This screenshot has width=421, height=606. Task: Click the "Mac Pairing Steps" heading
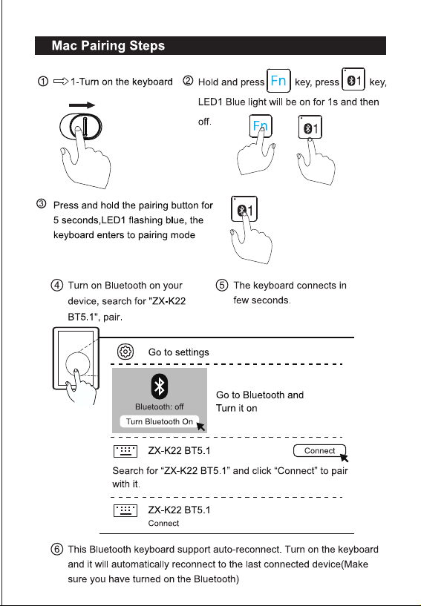coord(108,45)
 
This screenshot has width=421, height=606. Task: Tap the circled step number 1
coord(43,82)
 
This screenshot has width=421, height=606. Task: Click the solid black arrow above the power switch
coord(82,105)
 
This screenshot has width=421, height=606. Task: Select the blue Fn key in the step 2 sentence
coord(278,81)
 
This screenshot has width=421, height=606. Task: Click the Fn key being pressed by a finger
coord(261,125)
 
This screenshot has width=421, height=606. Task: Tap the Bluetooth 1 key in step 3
coord(244,209)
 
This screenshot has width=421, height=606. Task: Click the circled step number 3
coord(42,204)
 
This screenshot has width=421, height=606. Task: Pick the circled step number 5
coord(222,286)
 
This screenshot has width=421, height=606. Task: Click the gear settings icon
coord(125,352)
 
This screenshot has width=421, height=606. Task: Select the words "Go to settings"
coord(178,352)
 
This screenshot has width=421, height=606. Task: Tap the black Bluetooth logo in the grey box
coord(160,386)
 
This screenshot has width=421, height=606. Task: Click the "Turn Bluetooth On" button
coord(160,421)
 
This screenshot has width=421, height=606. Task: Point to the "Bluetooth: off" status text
coord(160,406)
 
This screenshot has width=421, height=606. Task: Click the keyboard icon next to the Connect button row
coord(125,451)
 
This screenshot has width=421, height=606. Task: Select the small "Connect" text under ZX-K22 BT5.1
coord(163,523)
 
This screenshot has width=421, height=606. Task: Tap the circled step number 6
coord(56,549)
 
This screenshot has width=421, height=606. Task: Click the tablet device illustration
coord(76,359)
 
